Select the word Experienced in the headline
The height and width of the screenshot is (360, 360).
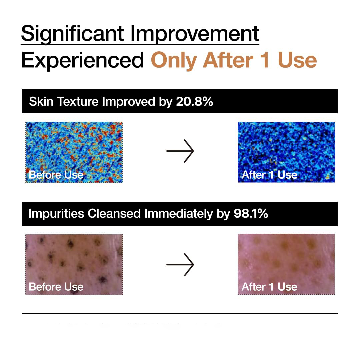pos(82,60)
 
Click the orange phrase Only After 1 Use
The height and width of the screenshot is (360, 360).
pos(234,60)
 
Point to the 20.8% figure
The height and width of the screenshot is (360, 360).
pos(194,101)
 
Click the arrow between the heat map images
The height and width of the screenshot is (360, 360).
pos(180,151)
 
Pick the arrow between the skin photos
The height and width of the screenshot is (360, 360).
pos(180,264)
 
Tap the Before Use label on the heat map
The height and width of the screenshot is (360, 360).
pos(56,175)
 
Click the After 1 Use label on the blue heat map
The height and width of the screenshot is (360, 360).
pos(269,175)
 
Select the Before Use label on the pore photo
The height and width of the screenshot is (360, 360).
pos(56,287)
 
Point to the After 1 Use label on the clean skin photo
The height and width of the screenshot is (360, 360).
pos(269,287)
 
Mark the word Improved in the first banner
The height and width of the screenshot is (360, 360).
pos(129,101)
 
